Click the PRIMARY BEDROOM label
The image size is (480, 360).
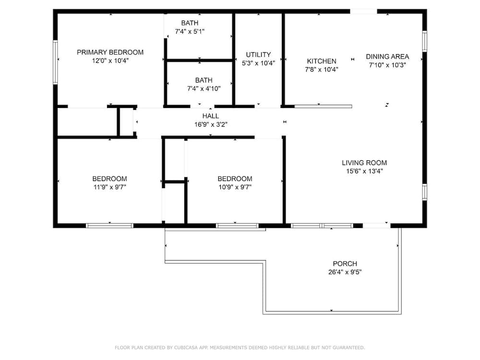pyautogui.click(x=110, y=52)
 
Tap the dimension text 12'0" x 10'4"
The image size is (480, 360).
pyautogui.click(x=110, y=60)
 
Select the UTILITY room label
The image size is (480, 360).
pyautogui.click(x=258, y=55)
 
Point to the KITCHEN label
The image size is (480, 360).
pyautogui.click(x=322, y=61)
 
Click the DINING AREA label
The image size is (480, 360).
pyautogui.click(x=387, y=57)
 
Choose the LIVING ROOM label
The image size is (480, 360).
pyautogui.click(x=364, y=163)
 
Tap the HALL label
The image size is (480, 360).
pyautogui.click(x=211, y=116)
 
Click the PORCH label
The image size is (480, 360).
pyautogui.click(x=345, y=264)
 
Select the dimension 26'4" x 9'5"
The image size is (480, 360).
pyautogui.click(x=345, y=272)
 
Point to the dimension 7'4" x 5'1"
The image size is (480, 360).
pyautogui.click(x=190, y=31)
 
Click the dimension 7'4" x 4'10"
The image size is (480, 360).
pyautogui.click(x=204, y=89)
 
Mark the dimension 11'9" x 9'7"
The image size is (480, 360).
pyautogui.click(x=110, y=187)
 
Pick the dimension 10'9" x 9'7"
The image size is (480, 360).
pyautogui.click(x=235, y=187)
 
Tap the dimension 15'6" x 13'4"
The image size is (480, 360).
pyautogui.click(x=364, y=171)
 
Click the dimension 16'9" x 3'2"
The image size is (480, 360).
pyautogui.click(x=211, y=125)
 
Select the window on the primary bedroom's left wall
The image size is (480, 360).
pyautogui.click(x=55, y=62)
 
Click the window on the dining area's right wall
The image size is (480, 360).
pyautogui.click(x=425, y=41)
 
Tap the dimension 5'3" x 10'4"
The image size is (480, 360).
pyautogui.click(x=258, y=63)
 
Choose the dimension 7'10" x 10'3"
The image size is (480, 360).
pyautogui.click(x=387, y=65)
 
